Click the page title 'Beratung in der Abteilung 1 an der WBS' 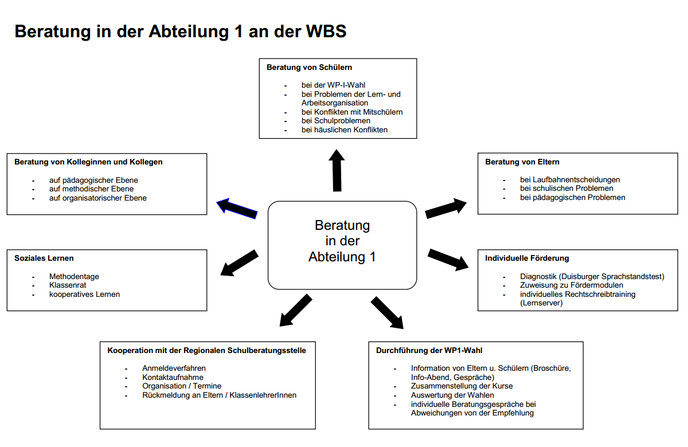pyautogui.click(x=180, y=31)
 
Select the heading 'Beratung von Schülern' pyautogui.click(x=309, y=67)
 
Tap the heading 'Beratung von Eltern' pyautogui.click(x=522, y=162)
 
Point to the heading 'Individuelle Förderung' pyautogui.click(x=527, y=258)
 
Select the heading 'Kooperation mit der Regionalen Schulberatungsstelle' pyautogui.click(x=206, y=350)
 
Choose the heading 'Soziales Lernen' pyautogui.click(x=44, y=258)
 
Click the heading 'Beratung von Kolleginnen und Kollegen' pyautogui.click(x=88, y=162)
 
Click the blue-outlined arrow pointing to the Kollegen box pyautogui.click(x=237, y=208)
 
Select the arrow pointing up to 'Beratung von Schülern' pyautogui.click(x=337, y=171)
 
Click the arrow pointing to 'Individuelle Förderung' pyautogui.click(x=448, y=259)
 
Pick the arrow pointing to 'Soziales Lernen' pyautogui.click(x=240, y=262)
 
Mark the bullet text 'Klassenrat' pyautogui.click(x=68, y=285)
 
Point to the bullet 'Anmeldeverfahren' pyautogui.click(x=174, y=368)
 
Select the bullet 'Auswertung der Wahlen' pyautogui.click(x=452, y=395)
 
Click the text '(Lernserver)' pyautogui.click(x=541, y=303)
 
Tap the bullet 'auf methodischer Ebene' pyautogui.click(x=91, y=189)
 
